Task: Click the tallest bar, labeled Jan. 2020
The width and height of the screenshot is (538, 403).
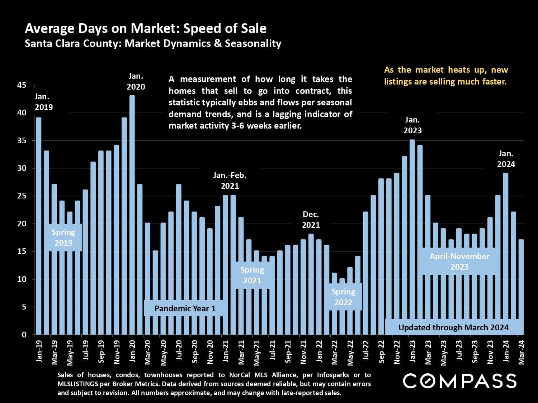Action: pyautogui.click(x=132, y=215)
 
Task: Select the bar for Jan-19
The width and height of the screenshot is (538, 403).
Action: pyautogui.click(x=39, y=226)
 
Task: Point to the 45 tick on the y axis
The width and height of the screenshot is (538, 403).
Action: pyautogui.click(x=22, y=85)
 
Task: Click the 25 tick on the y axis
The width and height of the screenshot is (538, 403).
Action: pyautogui.click(x=22, y=196)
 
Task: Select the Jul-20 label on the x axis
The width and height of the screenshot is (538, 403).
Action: pyautogui.click(x=179, y=350)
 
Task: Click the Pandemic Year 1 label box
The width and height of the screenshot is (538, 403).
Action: pyautogui.click(x=185, y=308)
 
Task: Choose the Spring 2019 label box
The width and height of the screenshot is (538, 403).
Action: pyautogui.click(x=63, y=238)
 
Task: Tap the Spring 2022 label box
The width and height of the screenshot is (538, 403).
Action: pyautogui.click(x=343, y=297)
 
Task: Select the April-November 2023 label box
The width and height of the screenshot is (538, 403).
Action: pyautogui.click(x=459, y=262)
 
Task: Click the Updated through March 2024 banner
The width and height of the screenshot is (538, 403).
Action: pyautogui.click(x=453, y=327)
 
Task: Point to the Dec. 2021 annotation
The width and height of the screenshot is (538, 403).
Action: pyautogui.click(x=311, y=220)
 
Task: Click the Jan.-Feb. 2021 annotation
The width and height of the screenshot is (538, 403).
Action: pyautogui.click(x=230, y=181)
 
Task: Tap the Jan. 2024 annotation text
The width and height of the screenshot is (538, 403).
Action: pyautogui.click(x=506, y=159)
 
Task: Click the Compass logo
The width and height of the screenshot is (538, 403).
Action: pyautogui.click(x=459, y=381)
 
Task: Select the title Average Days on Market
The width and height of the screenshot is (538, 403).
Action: pyautogui.click(x=146, y=28)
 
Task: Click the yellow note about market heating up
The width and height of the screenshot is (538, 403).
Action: pyautogui.click(x=445, y=76)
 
